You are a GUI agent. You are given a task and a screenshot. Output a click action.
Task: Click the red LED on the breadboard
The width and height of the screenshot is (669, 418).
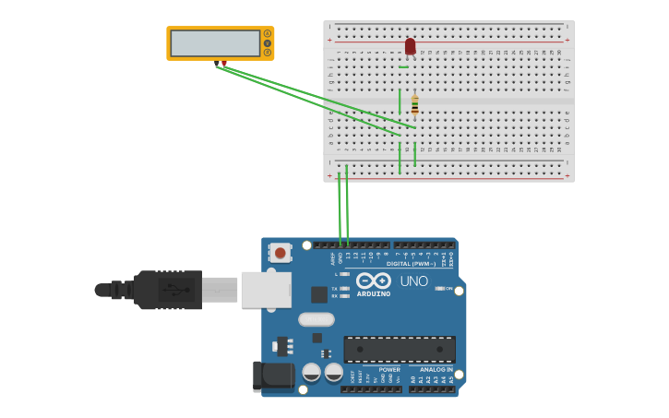(x=410, y=46)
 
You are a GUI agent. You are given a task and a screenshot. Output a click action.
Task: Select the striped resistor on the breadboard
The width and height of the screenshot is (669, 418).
(x=415, y=105)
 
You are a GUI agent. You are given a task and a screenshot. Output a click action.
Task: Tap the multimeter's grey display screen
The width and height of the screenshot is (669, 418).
(x=215, y=42)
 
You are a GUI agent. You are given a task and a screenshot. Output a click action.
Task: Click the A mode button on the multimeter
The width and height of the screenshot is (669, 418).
(x=268, y=33)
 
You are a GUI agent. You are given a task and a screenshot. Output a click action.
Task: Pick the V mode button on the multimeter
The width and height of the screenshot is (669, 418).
(x=268, y=43)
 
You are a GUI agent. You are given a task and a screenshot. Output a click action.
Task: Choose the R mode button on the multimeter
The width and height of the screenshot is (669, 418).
(x=268, y=53)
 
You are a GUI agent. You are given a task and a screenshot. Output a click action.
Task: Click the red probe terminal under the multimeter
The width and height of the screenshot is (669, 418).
(x=224, y=64)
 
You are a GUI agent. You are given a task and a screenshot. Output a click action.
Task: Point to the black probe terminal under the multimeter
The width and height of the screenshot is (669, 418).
(x=217, y=64)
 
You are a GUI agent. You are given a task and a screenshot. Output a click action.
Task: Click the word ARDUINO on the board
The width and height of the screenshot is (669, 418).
(x=374, y=294)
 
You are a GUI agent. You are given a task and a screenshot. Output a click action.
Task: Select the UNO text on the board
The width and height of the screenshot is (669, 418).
(x=413, y=281)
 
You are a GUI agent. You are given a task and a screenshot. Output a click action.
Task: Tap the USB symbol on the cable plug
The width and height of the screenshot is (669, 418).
(x=174, y=290)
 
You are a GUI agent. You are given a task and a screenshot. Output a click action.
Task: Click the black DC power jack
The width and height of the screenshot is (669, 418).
(x=272, y=376)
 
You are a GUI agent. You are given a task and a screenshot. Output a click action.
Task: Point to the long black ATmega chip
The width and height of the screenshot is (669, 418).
(x=400, y=349)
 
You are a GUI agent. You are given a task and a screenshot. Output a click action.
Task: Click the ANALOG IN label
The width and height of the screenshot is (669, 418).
(x=436, y=369)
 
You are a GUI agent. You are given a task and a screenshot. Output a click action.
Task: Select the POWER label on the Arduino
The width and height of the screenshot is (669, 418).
(x=389, y=369)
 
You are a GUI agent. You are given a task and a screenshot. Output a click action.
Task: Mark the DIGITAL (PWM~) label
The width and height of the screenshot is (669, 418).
(x=412, y=264)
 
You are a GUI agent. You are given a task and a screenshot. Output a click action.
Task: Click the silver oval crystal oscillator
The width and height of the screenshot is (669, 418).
(x=317, y=319)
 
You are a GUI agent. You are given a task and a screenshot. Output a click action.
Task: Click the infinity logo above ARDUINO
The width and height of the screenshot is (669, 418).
(x=374, y=280)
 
